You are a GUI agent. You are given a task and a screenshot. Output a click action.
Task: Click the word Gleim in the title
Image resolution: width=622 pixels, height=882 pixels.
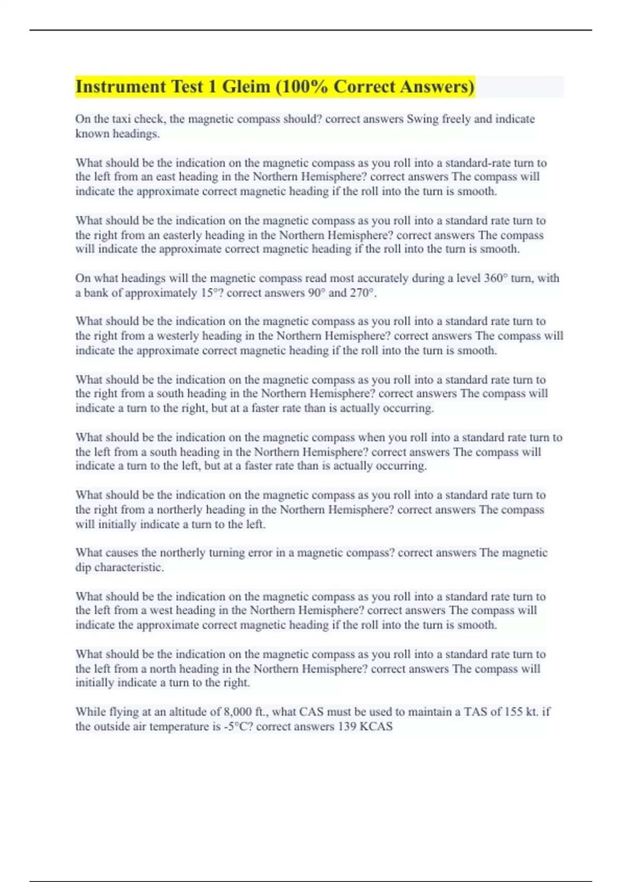click(x=246, y=87)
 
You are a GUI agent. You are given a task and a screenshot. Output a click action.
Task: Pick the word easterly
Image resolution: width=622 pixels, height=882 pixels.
click(x=182, y=235)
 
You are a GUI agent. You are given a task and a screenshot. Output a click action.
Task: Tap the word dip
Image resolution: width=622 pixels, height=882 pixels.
click(x=83, y=567)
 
